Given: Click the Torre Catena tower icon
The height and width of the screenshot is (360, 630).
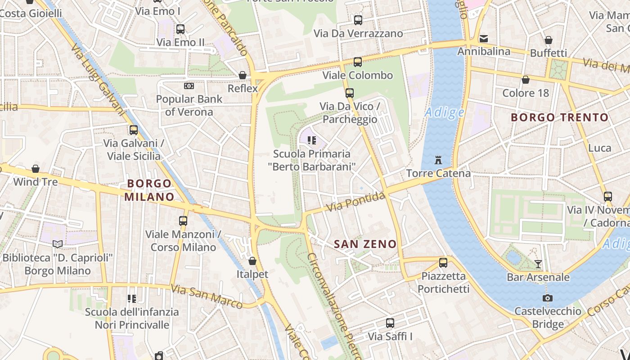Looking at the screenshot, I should [438, 160].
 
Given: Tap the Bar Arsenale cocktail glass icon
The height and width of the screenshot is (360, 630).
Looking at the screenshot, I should [538, 264].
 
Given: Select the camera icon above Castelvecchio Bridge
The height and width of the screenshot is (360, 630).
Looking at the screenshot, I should [548, 298].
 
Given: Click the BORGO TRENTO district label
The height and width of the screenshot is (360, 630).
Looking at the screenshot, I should [559, 118].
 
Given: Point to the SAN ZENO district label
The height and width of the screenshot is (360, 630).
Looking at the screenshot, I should [365, 244].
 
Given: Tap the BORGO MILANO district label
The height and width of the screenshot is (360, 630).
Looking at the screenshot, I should [149, 190].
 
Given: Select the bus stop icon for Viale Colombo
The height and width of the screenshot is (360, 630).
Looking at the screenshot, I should [358, 62].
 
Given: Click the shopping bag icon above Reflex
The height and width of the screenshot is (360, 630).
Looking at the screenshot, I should [243, 75].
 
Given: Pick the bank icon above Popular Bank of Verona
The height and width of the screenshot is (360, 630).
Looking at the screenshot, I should [189, 85].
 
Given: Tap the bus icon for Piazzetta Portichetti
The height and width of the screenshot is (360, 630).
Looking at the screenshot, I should [443, 263].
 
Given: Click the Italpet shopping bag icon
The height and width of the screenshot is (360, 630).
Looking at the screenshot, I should [252, 261].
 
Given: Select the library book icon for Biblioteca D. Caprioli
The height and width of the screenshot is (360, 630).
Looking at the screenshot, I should [58, 244].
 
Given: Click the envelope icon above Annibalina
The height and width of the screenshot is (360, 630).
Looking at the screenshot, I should [484, 39].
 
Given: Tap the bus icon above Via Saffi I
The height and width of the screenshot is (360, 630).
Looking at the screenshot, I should [390, 323].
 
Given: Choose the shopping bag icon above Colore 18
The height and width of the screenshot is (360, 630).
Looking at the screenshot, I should [526, 80].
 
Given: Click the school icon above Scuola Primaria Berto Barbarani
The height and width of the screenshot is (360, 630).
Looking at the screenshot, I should [311, 140].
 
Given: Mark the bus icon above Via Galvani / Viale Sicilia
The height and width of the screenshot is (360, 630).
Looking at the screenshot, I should [134, 130].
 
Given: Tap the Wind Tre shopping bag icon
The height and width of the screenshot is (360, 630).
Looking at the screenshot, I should [36, 169].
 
